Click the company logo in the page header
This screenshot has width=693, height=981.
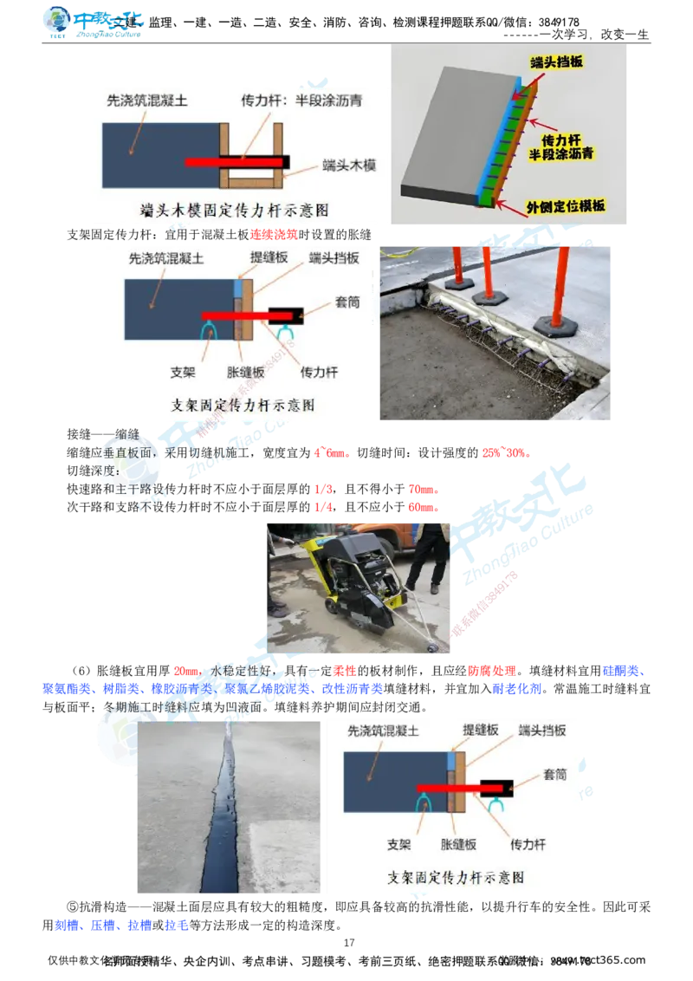click(93, 23)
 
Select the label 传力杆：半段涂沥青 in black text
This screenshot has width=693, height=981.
click(301, 101)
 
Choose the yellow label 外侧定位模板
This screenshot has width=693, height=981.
click(566, 206)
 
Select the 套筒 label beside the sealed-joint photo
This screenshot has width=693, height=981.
click(554, 774)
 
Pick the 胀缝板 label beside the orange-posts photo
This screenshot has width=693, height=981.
click(244, 373)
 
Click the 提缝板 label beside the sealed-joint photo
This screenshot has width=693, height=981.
click(481, 731)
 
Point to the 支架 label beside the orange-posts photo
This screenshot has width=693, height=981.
click(184, 373)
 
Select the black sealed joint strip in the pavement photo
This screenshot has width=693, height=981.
click(221, 815)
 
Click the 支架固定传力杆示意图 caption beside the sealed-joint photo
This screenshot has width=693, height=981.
click(456, 877)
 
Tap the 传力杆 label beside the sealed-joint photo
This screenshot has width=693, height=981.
click(528, 844)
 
